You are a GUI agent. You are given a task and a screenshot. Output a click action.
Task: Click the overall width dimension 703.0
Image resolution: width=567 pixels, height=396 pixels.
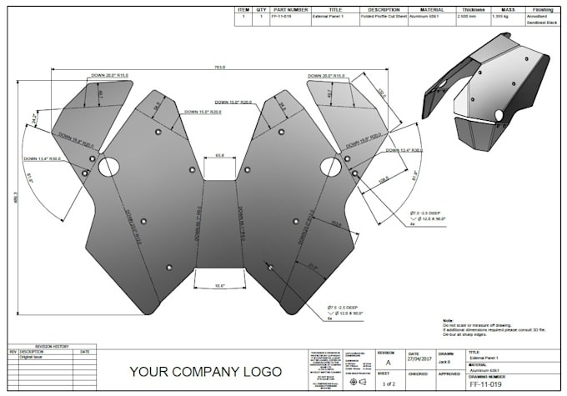click(219, 67)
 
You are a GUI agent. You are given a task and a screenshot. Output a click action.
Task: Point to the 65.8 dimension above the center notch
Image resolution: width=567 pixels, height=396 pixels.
click(219, 156)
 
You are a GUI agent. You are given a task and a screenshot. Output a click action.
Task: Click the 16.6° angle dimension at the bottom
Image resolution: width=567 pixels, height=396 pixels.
click(218, 285)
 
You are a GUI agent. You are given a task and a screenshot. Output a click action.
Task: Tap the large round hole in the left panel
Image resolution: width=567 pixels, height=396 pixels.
click(108, 168)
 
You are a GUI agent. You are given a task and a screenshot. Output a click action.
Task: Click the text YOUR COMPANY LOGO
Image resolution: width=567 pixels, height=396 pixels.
click(204, 371)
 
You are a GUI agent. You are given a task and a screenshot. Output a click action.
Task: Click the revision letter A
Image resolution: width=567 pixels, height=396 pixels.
click(388, 363)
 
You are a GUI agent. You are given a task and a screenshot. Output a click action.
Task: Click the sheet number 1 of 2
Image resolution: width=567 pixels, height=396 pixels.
click(389, 384)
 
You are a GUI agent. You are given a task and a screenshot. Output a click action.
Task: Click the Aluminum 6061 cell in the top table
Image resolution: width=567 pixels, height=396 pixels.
click(424, 17)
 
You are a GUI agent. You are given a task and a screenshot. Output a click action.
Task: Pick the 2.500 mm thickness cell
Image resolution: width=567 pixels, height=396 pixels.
click(467, 17)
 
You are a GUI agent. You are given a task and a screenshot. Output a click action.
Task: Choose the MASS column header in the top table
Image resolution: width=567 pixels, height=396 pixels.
click(500, 10)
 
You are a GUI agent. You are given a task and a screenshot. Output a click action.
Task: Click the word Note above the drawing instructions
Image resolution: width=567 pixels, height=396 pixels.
click(449, 320)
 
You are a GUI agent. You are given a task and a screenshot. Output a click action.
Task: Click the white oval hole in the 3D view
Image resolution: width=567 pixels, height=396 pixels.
click(499, 114)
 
